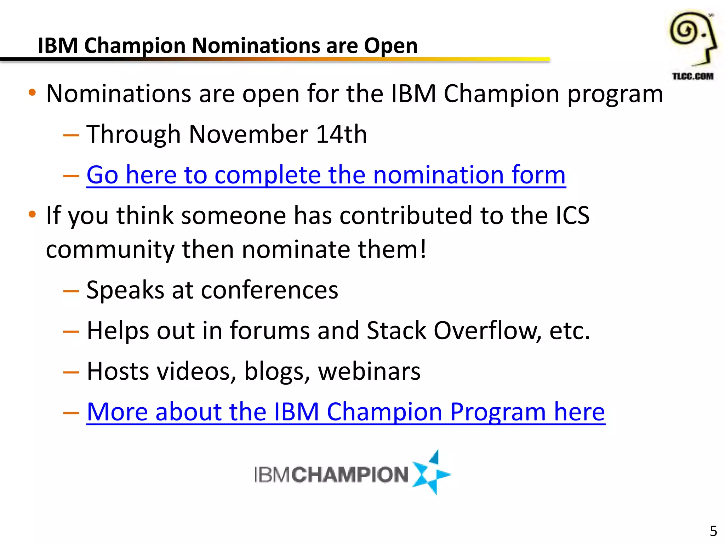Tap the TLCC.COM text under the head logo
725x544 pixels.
[693, 76]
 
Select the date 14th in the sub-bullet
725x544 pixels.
[341, 134]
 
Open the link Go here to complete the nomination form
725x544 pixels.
[326, 175]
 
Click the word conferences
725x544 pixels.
[269, 290]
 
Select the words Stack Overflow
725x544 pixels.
[453, 330]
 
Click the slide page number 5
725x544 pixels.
[713, 531]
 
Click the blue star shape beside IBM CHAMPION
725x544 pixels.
[432, 473]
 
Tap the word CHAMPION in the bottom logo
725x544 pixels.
[350, 475]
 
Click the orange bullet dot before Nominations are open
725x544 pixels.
[32, 93]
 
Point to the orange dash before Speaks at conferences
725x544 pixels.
[71, 291]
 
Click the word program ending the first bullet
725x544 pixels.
[615, 94]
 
